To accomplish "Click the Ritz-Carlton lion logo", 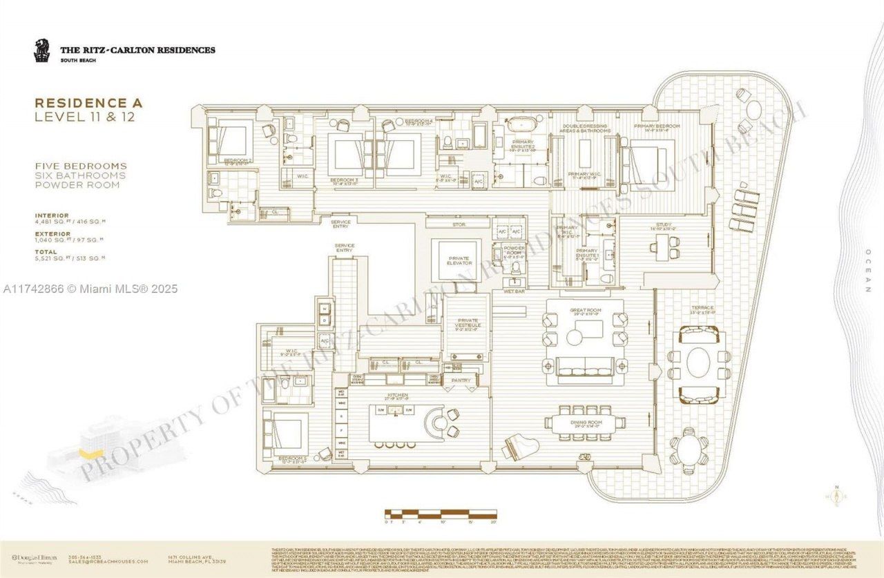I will click(42, 50).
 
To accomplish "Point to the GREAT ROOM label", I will click(585, 311).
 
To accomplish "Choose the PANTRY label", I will click(461, 380).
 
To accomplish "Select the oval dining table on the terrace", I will click(699, 363).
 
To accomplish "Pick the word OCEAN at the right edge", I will click(867, 271).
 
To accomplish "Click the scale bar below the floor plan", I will click(440, 513).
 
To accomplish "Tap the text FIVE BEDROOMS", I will click(81, 166).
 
